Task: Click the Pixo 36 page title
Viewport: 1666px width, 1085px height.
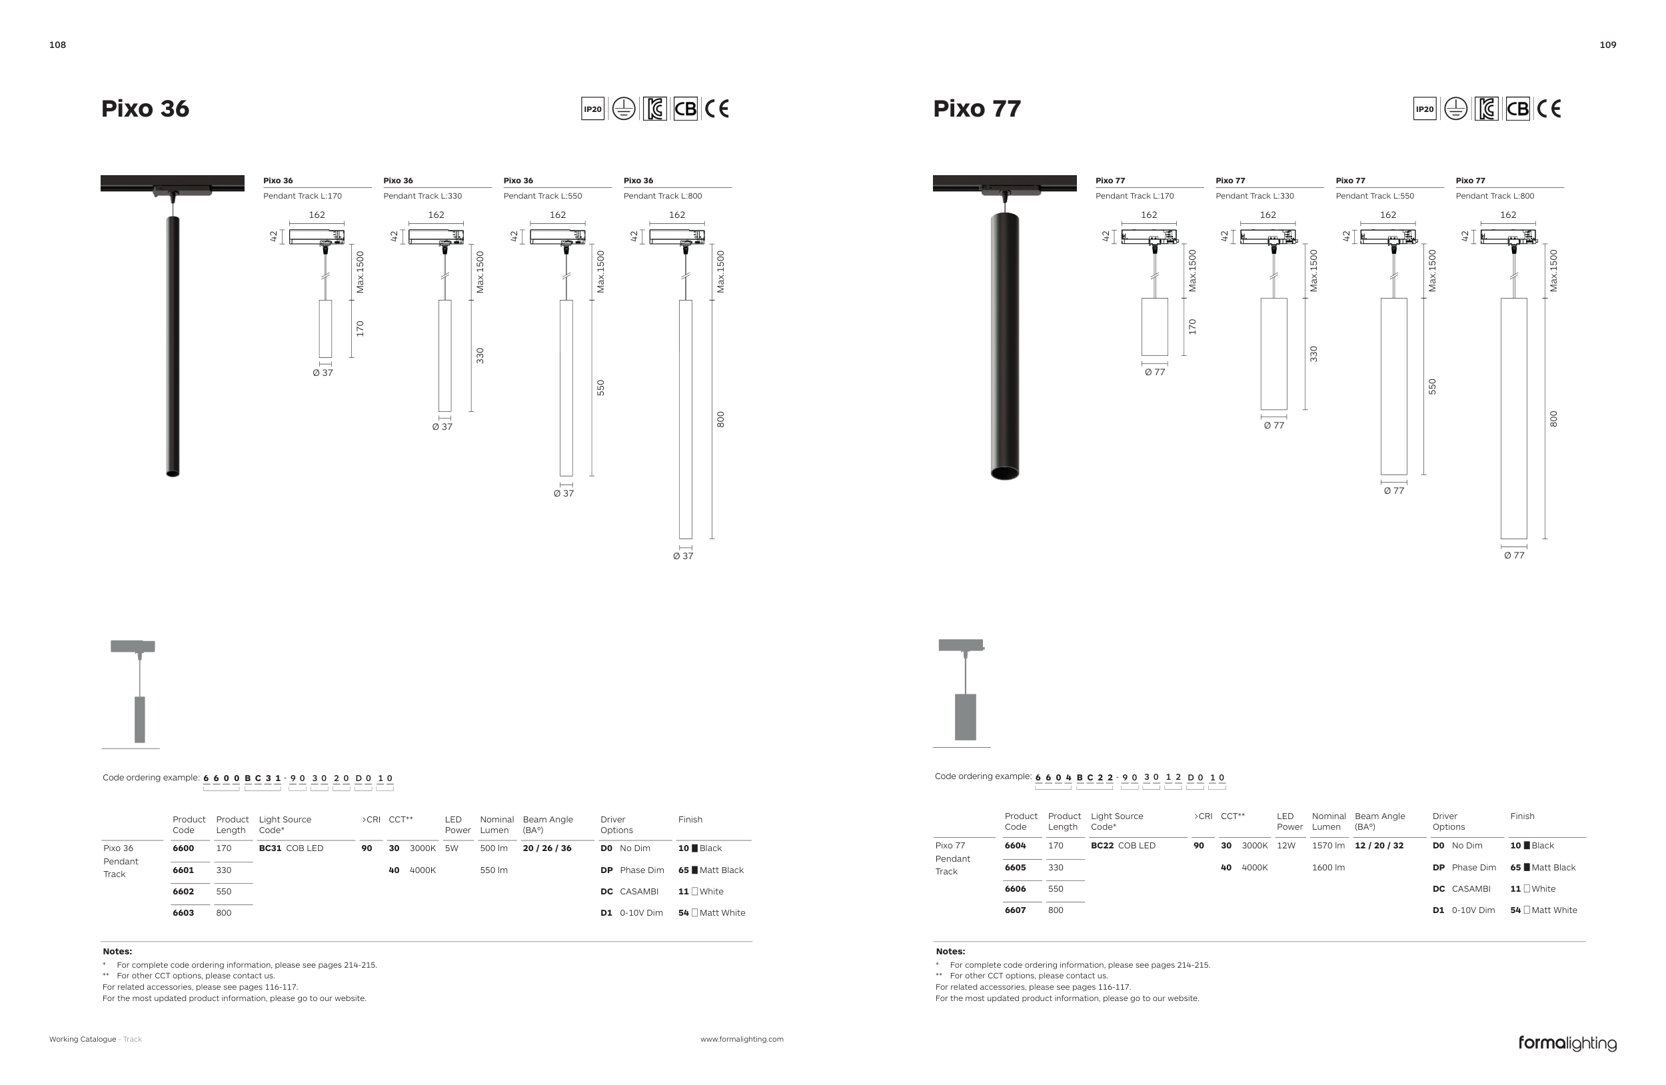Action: coord(145,109)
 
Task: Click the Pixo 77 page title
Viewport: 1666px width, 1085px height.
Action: coord(976,109)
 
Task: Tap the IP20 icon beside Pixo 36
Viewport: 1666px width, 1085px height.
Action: coord(593,109)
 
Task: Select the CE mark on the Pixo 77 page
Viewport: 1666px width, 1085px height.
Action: coord(1549,109)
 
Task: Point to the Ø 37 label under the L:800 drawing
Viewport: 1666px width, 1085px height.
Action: coord(682,556)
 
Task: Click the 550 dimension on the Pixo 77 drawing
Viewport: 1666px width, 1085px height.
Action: coord(1432,387)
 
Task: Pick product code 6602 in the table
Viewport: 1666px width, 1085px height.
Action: coord(183,891)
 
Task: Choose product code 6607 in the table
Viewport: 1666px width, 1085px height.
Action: coord(1015,910)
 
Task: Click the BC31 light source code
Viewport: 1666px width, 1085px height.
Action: coord(270,848)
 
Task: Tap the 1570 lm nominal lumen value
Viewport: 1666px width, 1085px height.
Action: coord(1328,845)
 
